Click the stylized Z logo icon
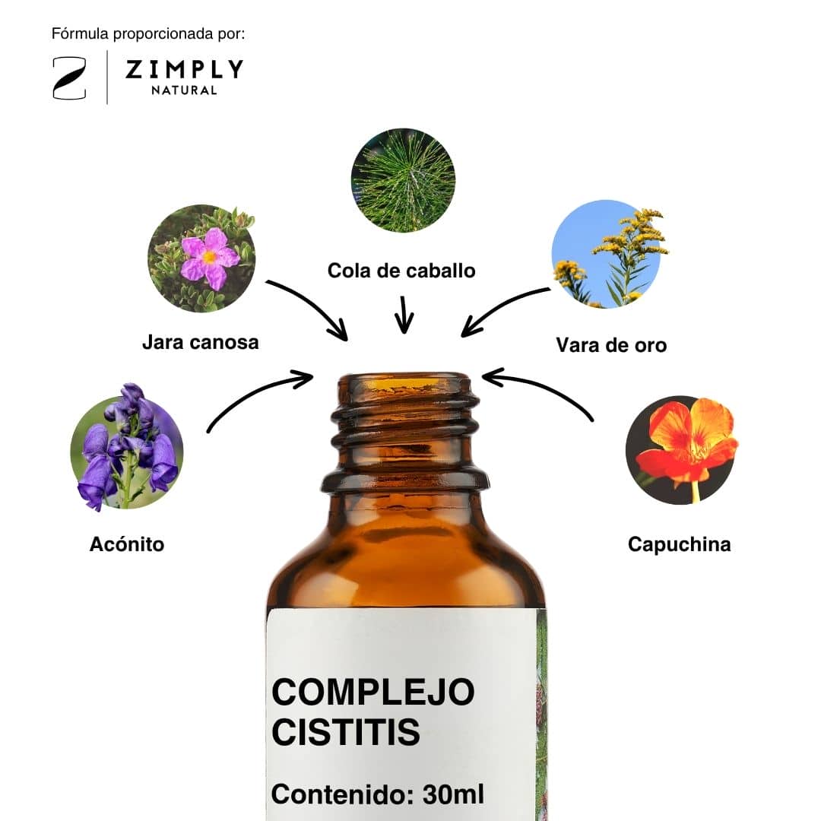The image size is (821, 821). [x=69, y=78]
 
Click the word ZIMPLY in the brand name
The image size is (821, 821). [x=184, y=69]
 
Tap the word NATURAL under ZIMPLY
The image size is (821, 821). [x=184, y=90]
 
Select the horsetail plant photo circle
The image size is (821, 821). [x=403, y=180]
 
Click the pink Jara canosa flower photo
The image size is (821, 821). [x=201, y=258]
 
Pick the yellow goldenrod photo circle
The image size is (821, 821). [x=607, y=254]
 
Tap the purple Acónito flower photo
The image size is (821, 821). [x=127, y=449]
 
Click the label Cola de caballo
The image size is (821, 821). [x=401, y=271]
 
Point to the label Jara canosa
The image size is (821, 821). [x=201, y=342]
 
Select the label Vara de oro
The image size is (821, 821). [x=611, y=345]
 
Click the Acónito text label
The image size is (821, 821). [x=127, y=544]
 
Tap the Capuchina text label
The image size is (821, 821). [x=679, y=544]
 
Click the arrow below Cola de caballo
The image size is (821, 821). [x=404, y=315]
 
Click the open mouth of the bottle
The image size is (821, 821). [x=404, y=382]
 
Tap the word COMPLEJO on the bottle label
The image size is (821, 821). [x=372, y=692]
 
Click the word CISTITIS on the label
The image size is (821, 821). [x=346, y=732]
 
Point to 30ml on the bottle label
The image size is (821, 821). [x=453, y=794]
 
